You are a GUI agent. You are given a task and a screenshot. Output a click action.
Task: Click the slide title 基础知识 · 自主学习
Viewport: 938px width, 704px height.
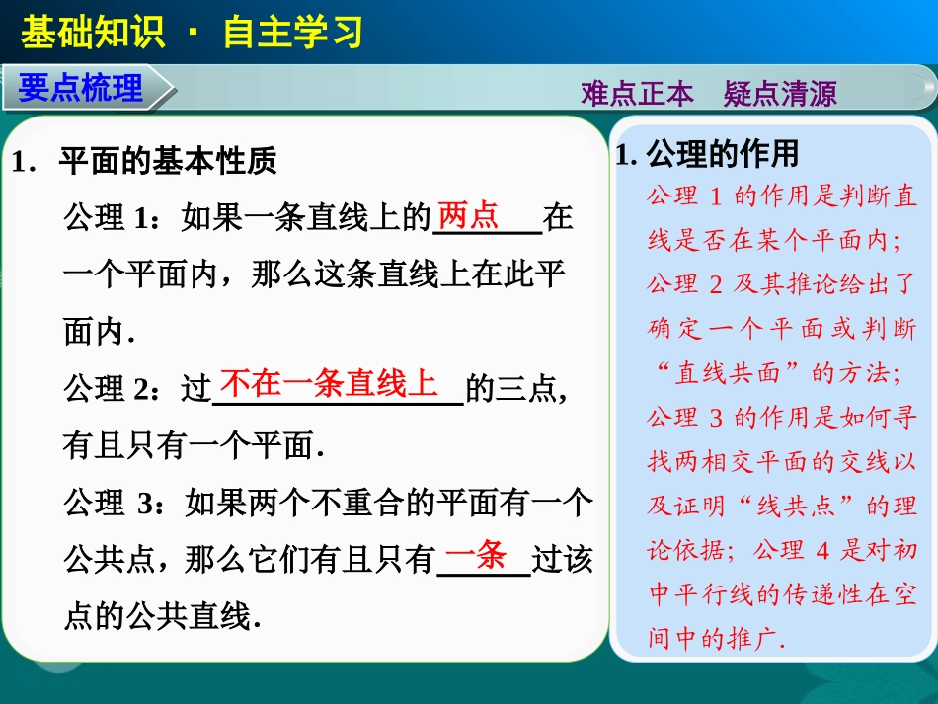(x=192, y=32)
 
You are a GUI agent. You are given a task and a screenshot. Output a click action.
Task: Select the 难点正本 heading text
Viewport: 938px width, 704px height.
(x=637, y=94)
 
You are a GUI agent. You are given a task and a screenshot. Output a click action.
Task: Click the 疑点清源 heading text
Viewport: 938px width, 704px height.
(x=780, y=94)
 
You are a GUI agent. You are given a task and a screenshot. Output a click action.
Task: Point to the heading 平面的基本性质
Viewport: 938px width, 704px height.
(x=168, y=162)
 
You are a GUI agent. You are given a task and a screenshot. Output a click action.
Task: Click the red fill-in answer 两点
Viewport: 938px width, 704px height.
(x=468, y=215)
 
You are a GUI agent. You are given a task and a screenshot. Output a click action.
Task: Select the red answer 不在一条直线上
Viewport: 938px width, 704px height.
(x=329, y=383)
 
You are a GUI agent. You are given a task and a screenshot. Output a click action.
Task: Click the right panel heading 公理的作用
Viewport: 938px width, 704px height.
(x=722, y=154)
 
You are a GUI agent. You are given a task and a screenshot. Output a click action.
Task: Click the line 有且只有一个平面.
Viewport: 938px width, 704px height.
(x=194, y=446)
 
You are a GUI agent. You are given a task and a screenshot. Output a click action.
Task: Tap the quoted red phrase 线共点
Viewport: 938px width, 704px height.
(x=794, y=506)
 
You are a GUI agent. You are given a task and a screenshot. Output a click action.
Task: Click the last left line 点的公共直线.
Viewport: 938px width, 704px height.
(x=162, y=617)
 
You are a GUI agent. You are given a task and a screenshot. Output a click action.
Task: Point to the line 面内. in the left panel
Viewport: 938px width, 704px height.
(x=99, y=332)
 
